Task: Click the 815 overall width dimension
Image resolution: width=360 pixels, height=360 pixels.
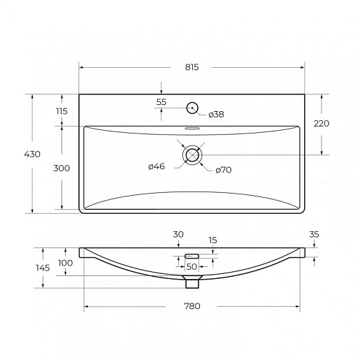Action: (192, 67)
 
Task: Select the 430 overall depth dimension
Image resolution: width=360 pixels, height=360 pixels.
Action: (32, 154)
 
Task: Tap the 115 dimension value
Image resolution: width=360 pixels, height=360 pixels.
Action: (62, 111)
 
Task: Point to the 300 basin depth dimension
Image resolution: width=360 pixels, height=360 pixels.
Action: (62, 168)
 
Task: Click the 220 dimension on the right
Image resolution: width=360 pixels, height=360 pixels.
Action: (322, 123)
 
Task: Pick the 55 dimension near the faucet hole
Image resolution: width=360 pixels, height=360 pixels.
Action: (161, 102)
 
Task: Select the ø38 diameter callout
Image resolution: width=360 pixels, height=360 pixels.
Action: (216, 114)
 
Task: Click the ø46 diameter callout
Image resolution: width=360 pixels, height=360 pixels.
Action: (157, 166)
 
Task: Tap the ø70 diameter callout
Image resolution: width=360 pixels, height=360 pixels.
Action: (224, 170)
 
